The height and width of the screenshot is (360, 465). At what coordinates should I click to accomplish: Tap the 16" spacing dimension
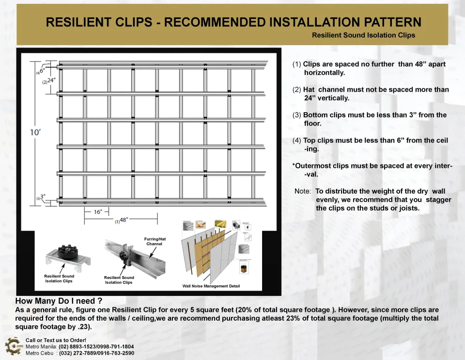click(97, 212)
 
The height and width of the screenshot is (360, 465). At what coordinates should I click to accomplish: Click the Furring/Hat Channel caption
click(155, 241)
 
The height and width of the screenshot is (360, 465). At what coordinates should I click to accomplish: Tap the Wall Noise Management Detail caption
click(211, 286)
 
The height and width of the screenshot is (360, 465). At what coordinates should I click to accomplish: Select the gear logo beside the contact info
click(13, 345)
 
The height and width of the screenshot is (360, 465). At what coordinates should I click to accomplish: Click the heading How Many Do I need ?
click(59, 301)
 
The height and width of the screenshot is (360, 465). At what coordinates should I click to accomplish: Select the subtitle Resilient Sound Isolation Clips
click(363, 35)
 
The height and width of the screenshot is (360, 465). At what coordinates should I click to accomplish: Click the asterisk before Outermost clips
click(294, 165)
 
